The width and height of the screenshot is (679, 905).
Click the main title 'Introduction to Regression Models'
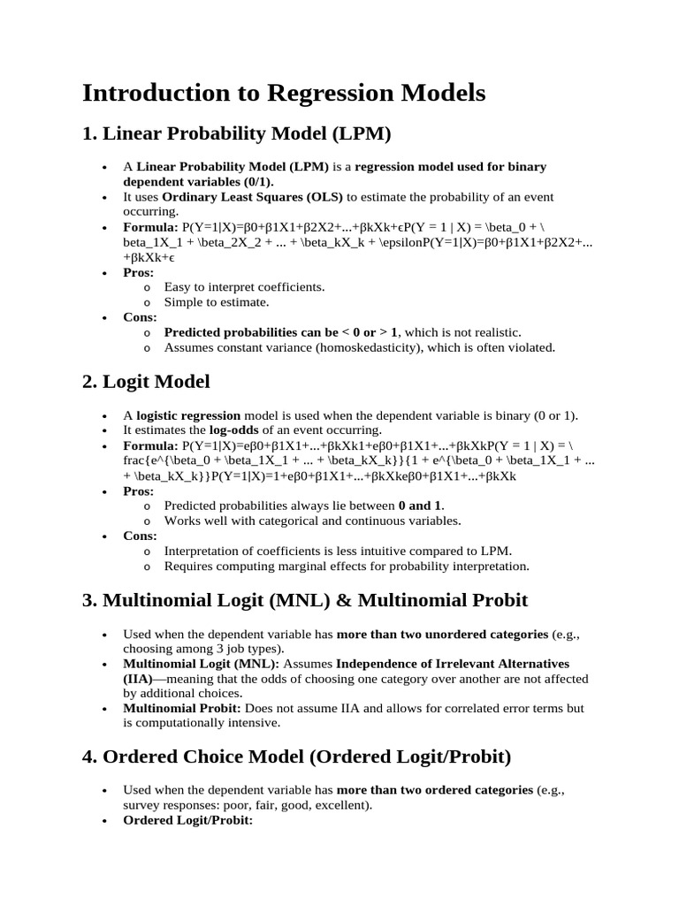284,93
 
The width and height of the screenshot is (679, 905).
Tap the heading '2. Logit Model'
146,382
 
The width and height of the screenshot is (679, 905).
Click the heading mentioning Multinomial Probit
305,600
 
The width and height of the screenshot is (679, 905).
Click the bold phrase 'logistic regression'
187,414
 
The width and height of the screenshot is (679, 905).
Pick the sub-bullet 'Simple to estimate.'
216,302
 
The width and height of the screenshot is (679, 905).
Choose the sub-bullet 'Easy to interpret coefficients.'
244,287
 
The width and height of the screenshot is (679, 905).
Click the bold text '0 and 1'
421,506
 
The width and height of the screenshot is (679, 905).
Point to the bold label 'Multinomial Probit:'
182,708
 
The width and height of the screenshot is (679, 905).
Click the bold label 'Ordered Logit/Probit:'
188,820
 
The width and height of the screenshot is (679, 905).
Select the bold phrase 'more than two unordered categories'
442,635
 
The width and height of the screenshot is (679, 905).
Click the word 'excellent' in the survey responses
341,805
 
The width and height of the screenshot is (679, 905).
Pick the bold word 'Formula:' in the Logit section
150,445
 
